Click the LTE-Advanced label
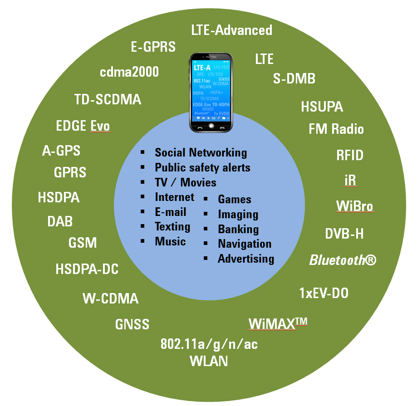(x=231, y=30)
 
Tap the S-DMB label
(x=294, y=78)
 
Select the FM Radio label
(x=336, y=129)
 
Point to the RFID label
(x=349, y=155)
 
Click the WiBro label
(x=354, y=206)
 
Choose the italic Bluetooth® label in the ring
(x=343, y=260)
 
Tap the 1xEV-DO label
(x=324, y=293)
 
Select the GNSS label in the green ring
(x=132, y=325)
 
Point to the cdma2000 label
(x=129, y=72)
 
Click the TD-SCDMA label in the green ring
(x=108, y=99)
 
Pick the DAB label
(x=60, y=222)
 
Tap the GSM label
(x=83, y=243)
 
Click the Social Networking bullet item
(x=201, y=153)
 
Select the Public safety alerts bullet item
(x=202, y=167)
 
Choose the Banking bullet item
(x=238, y=229)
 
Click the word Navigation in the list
(x=245, y=244)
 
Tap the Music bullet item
(x=170, y=241)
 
